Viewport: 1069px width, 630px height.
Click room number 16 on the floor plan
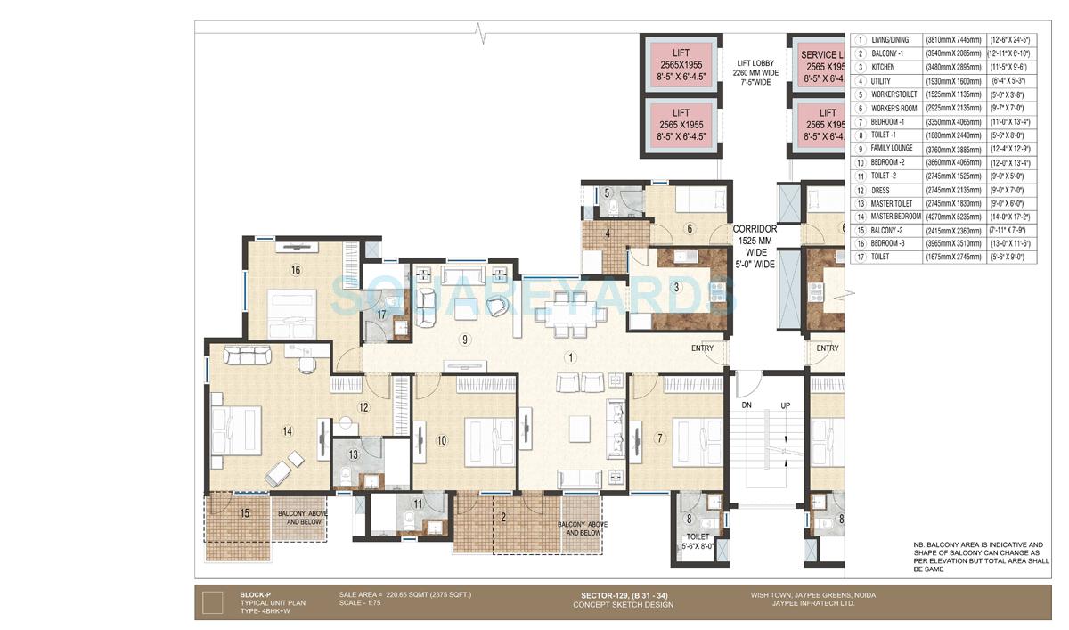(295, 271)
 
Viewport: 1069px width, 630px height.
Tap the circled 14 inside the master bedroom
(287, 431)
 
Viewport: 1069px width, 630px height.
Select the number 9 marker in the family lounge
(463, 340)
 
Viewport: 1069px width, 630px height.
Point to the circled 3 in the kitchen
(677, 287)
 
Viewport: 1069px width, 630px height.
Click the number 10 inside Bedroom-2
(441, 439)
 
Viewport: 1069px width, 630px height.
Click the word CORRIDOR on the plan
(755, 229)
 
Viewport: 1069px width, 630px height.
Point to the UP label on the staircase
(787, 405)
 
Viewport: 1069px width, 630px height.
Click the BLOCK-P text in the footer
(255, 594)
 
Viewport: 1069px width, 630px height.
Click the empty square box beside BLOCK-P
(212, 603)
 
